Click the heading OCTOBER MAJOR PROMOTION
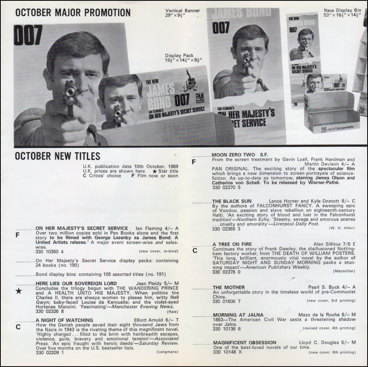coord(73,13)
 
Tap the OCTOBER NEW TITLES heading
coord(57,156)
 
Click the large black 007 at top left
coord(28,35)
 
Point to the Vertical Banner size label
coord(182,13)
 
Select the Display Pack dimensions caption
coord(183,58)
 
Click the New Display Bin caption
coord(343,13)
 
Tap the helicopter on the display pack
coord(190,81)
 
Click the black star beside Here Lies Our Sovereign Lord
coord(19,291)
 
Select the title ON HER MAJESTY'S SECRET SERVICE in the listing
coord(82,228)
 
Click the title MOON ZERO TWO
coord(233,155)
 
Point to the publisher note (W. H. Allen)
coord(342,228)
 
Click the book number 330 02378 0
coord(226,272)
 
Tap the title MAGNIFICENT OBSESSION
coord(245,343)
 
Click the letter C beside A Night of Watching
coord(18,327)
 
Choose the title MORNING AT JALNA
coord(238,315)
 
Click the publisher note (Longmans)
coord(167,352)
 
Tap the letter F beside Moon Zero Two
coord(194,162)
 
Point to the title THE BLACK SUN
coord(232,201)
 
